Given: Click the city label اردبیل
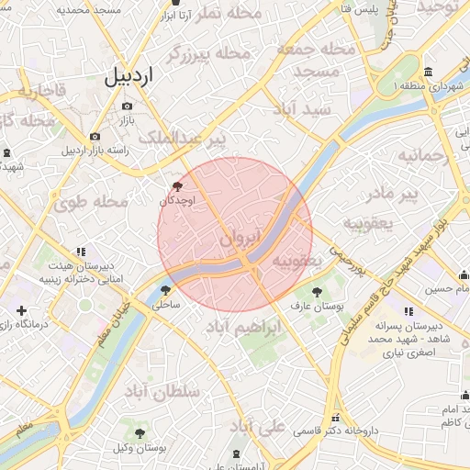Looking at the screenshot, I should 128,77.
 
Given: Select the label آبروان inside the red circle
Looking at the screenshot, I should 241,239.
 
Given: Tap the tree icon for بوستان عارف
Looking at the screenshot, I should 318,292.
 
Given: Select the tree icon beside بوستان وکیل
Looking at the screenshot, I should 140,431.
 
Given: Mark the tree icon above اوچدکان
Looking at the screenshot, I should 177,186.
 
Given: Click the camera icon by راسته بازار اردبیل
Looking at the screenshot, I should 95,137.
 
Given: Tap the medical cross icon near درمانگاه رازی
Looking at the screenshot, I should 21,311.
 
